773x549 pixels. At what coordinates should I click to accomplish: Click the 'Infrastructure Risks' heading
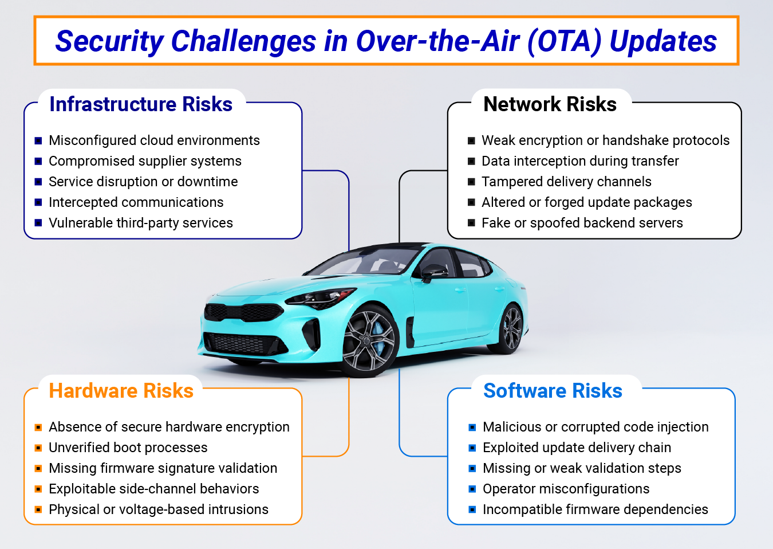[141, 104]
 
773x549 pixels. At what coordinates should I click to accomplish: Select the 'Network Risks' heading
[550, 104]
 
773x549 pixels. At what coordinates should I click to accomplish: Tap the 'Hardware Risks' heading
[121, 391]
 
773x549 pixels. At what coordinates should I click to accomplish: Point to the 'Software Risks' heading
[553, 391]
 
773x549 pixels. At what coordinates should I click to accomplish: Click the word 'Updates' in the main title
[663, 41]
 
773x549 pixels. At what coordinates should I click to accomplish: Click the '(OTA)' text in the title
[564, 41]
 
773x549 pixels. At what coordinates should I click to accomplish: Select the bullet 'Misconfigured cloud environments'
[154, 140]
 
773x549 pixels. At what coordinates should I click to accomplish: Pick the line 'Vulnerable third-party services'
[141, 223]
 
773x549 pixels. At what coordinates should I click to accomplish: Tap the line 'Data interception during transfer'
[580, 161]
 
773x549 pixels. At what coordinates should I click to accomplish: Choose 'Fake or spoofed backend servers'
[582, 223]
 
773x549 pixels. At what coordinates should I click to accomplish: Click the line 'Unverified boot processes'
[128, 448]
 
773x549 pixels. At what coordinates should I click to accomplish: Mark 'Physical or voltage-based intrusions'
[159, 509]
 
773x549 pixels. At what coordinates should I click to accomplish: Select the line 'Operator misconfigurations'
[566, 489]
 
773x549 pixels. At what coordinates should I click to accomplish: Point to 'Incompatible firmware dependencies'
[595, 509]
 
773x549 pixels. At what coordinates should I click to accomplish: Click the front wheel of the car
[369, 342]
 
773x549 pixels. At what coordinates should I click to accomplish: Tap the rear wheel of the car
[511, 329]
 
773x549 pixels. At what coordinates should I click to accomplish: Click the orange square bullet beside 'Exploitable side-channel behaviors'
[38, 489]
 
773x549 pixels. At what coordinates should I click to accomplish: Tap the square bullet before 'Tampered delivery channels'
[471, 182]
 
